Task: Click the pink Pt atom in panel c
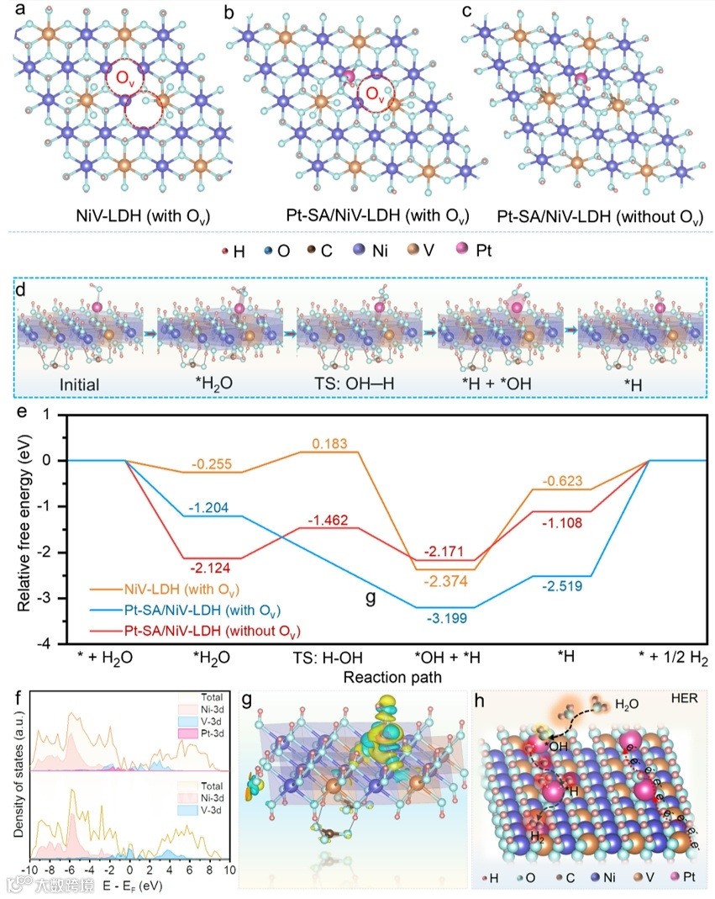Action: click(581, 78)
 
